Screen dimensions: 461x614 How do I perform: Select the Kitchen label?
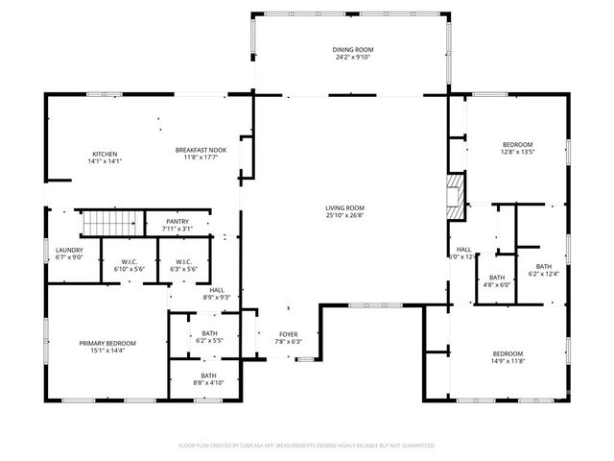click(x=105, y=154)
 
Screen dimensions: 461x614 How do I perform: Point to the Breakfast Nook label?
click(x=200, y=150)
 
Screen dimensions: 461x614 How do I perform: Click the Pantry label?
click(x=177, y=221)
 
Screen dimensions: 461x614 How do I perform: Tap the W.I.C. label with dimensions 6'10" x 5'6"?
click(x=128, y=262)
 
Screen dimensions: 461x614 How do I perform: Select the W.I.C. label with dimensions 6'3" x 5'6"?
click(x=183, y=262)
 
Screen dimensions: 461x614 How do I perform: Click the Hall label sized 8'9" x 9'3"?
click(x=217, y=290)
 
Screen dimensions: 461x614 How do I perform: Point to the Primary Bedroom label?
click(x=107, y=343)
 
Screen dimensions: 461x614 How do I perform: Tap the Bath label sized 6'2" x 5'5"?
click(x=209, y=333)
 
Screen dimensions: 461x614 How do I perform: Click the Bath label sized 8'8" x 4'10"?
click(x=208, y=376)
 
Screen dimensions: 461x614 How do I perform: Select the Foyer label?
click(x=289, y=334)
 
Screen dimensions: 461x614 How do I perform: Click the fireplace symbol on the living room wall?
click(x=456, y=193)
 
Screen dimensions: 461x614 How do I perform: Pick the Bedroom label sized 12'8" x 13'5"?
click(x=516, y=144)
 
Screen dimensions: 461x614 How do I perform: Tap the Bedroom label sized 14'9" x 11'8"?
click(x=508, y=352)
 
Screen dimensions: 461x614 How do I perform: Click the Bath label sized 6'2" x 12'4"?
click(x=544, y=267)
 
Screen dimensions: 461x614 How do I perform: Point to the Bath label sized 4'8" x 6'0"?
click(x=497, y=277)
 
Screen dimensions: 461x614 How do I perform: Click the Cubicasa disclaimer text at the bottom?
click(x=307, y=446)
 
